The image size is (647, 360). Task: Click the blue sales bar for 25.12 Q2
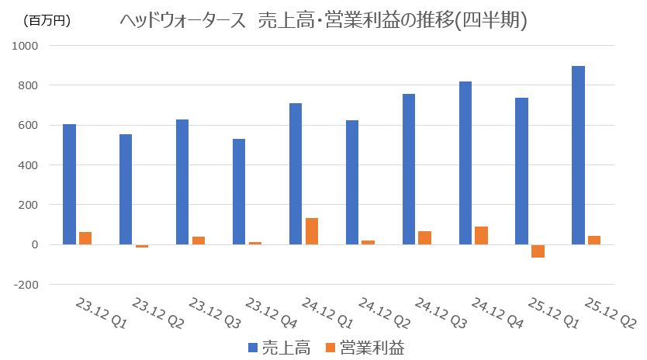pos(578,155)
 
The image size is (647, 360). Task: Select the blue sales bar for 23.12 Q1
pos(69,184)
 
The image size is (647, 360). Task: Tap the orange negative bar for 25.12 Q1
pos(538,251)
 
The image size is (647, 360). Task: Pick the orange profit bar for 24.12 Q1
pos(311,231)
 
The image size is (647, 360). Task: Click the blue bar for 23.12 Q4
pos(239,192)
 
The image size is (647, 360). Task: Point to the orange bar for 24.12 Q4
pos(481,235)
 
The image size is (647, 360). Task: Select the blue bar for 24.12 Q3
pos(408,169)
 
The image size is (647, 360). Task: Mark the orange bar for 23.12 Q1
pos(85,238)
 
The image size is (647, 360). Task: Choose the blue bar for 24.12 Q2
pos(352,182)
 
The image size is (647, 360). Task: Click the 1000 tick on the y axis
pos(25,45)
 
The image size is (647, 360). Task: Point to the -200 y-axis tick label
pos(25,284)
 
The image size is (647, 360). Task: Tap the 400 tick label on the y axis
pos(28,164)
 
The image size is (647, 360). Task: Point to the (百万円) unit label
pos(47,21)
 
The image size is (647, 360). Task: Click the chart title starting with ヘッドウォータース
pos(323,21)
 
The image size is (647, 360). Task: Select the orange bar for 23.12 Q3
pos(199,241)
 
